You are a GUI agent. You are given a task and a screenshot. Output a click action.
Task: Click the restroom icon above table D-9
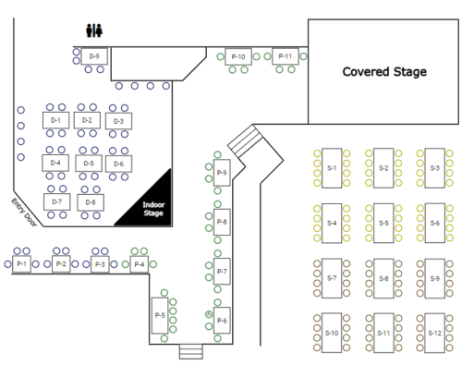coord(92,30)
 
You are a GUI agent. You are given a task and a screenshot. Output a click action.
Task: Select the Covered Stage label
coord(383,71)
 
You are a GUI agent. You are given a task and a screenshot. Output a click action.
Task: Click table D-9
coord(94,57)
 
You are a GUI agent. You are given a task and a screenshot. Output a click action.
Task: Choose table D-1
coord(55,120)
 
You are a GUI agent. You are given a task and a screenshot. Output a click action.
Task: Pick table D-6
coord(116,164)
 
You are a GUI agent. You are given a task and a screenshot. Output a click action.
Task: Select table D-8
coord(89,201)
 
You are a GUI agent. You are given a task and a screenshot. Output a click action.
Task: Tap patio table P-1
coord(22,264)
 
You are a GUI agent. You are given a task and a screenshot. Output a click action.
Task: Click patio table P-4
coord(139,264)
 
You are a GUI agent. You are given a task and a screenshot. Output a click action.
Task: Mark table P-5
coord(159,315)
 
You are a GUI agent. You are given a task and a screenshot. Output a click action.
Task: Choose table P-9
coord(222,173)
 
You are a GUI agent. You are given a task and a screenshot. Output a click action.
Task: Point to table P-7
coord(222,272)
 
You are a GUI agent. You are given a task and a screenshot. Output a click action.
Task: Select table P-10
coord(237,57)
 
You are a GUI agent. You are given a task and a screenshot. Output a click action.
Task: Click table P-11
coord(286,56)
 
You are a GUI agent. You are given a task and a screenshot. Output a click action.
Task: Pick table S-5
coord(383,223)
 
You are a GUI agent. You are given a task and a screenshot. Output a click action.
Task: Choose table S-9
coord(434,276)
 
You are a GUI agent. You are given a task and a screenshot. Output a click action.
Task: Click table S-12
coord(434,332)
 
